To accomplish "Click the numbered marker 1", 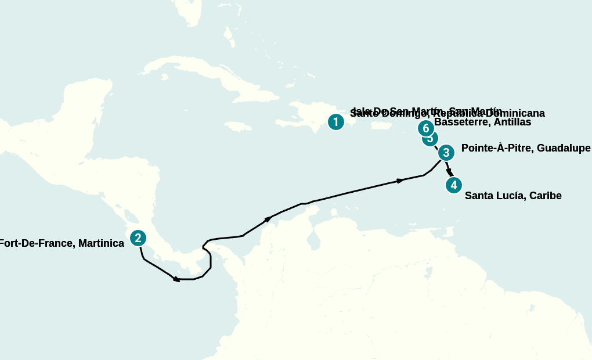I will (335, 122).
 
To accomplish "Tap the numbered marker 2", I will (138, 238).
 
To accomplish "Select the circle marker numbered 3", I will (446, 153).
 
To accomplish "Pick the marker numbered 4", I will (453, 185).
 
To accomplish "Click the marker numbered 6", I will (425, 128).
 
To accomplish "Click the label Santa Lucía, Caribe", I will (513, 196).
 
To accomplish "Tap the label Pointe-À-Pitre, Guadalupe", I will (526, 148).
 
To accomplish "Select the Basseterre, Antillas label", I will (482, 123).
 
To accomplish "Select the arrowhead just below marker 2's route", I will (176, 279).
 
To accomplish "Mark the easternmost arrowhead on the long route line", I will (400, 181).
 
